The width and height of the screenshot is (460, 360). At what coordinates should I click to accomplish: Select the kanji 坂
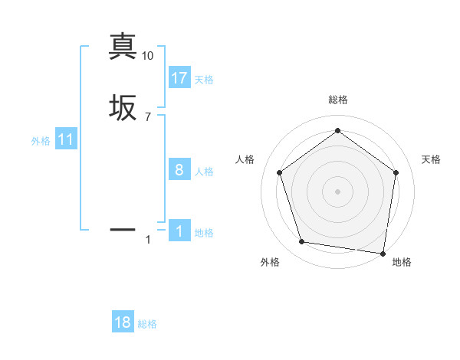[x=123, y=108]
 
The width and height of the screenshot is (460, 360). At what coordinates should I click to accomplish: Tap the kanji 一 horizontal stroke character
[x=123, y=228]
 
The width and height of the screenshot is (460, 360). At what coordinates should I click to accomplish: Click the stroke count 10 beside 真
[x=147, y=56]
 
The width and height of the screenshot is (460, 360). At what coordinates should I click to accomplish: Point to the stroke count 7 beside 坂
[x=147, y=116]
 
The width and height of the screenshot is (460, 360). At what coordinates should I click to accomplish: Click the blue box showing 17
[x=179, y=78]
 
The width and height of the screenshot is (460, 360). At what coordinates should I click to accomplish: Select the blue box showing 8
[x=179, y=170]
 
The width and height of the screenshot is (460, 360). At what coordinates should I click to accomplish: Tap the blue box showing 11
[x=66, y=140]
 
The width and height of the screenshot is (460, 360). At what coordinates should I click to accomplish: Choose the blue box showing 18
[x=123, y=322]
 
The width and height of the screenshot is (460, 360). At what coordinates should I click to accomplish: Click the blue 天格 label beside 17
[x=204, y=80]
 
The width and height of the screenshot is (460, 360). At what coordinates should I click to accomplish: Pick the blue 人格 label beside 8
[x=204, y=172]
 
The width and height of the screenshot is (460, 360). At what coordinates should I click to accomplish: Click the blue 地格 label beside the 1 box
[x=204, y=233]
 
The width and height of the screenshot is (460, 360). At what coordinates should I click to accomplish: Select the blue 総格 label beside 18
[x=147, y=324]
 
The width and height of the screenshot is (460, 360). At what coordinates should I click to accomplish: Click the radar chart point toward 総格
[x=337, y=130]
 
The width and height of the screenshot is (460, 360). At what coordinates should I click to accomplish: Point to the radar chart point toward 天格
[x=396, y=172]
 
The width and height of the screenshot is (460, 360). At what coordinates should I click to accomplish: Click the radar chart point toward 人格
[x=279, y=172]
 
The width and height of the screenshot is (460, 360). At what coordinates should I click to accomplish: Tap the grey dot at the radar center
[x=337, y=191]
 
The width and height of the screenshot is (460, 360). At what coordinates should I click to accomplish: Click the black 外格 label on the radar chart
[x=270, y=262]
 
